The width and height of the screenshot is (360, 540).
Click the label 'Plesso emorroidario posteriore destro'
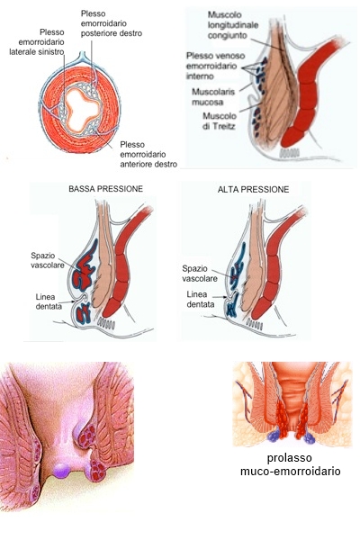coord(112,23)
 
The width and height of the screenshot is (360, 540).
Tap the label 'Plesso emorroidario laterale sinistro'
coord(37,42)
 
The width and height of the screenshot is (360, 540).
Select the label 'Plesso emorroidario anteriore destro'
coord(148,154)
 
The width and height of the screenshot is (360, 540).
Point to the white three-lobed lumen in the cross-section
coord(82,109)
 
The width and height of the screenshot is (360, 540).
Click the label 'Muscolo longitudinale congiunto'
coord(233,25)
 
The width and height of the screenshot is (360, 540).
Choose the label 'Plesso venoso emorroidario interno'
coord(215,66)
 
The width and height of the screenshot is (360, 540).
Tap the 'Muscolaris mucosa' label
coord(213,97)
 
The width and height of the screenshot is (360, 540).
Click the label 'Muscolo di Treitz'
coord(219,121)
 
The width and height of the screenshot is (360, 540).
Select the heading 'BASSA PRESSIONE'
coord(105,189)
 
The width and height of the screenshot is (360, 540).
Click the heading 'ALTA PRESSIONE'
coord(253,189)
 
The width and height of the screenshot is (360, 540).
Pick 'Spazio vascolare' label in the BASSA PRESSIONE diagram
coord(47,260)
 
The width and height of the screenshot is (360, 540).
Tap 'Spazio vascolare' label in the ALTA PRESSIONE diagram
coord(200,274)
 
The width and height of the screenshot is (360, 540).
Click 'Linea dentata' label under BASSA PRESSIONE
coord(49,301)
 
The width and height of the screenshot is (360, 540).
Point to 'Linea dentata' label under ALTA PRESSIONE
coord(200,300)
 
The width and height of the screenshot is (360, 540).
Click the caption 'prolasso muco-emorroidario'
coord(290,464)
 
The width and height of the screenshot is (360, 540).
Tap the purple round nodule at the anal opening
coord(62,470)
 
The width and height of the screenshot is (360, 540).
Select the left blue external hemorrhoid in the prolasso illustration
coord(274,436)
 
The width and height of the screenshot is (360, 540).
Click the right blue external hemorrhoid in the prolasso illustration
coord(309,437)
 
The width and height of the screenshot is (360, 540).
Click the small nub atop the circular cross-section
coord(82,55)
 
